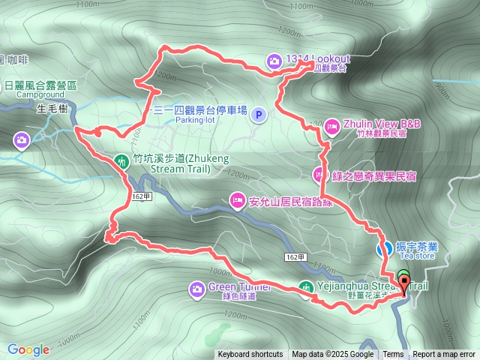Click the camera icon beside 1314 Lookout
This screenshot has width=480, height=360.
(274, 60)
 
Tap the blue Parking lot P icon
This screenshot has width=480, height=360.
(259, 114)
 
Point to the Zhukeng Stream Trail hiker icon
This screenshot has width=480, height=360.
(121, 160)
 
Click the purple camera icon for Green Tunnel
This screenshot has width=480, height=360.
(196, 288)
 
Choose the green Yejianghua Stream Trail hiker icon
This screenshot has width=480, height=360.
(305, 286)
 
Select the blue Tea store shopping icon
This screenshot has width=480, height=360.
(382, 247)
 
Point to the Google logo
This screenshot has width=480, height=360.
(28, 349)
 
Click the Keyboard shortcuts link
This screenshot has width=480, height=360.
(250, 355)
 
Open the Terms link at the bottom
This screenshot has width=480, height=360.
(393, 355)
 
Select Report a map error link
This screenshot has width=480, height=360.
(444, 355)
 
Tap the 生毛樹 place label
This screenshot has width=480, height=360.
(53, 109)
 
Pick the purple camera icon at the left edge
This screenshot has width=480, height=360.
(22, 139)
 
